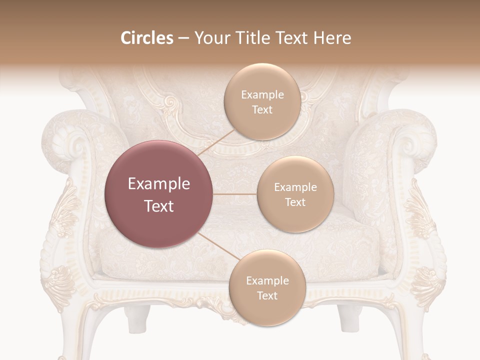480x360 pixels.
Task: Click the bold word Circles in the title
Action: click(x=146, y=38)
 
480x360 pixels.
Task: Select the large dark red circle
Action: click(x=158, y=194)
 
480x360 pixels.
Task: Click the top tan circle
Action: click(x=262, y=101)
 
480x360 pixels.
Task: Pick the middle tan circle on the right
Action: click(x=295, y=194)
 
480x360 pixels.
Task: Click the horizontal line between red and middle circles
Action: click(x=235, y=194)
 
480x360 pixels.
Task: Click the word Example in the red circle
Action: click(x=158, y=184)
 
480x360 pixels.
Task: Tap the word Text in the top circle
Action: click(x=262, y=110)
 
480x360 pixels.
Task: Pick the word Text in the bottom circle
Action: click(x=267, y=296)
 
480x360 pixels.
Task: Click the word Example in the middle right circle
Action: click(x=295, y=187)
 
